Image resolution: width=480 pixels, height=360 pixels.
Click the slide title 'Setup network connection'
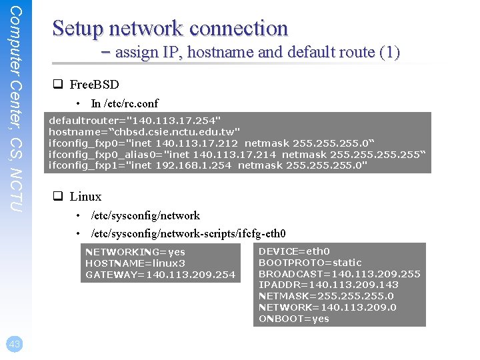click(x=170, y=29)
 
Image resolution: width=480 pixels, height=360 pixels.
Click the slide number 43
click(x=15, y=344)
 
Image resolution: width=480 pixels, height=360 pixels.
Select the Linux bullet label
click(x=85, y=197)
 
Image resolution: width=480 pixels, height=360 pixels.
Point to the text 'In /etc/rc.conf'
click(x=125, y=103)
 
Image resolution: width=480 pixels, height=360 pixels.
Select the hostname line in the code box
click(x=144, y=132)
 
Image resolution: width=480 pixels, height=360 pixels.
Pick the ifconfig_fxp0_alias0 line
click(x=236, y=154)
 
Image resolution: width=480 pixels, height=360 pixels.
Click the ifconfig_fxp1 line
click(x=207, y=165)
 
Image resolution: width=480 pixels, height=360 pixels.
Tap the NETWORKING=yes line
click(x=135, y=252)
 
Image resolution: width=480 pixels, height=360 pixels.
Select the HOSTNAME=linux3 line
click(x=135, y=263)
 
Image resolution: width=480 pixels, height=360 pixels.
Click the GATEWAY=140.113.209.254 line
click(x=160, y=275)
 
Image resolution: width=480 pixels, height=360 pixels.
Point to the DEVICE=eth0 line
click(x=294, y=251)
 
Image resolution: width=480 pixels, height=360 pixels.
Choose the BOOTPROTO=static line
click(x=310, y=263)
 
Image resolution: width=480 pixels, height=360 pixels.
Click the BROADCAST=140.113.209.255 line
click(x=339, y=274)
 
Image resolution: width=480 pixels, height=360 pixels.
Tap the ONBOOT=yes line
click(x=293, y=319)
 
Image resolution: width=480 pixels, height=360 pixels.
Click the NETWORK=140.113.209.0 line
click(x=327, y=307)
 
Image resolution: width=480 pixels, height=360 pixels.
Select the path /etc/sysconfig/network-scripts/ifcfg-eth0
click(x=188, y=234)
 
